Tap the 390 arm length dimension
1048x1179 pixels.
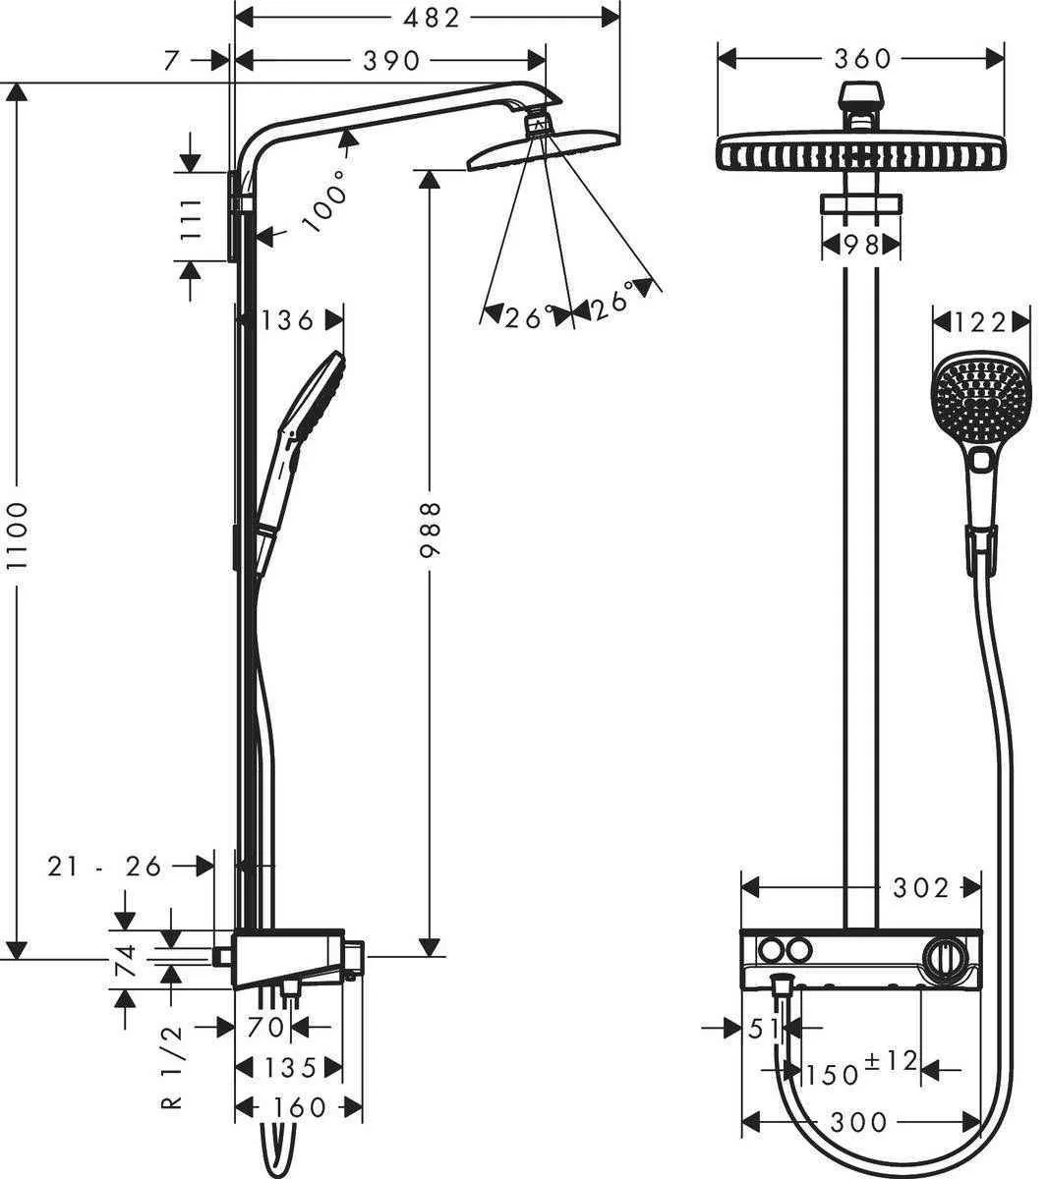(x=391, y=61)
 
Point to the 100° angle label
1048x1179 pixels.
(x=327, y=200)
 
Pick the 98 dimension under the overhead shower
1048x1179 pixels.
(x=860, y=246)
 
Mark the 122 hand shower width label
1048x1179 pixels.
(x=981, y=322)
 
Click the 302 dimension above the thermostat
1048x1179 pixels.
(x=921, y=888)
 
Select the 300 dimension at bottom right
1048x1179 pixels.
(x=858, y=1121)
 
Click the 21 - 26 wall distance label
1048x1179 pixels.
(x=105, y=866)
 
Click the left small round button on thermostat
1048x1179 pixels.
(x=769, y=950)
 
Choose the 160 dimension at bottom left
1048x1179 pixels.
(x=299, y=1108)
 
